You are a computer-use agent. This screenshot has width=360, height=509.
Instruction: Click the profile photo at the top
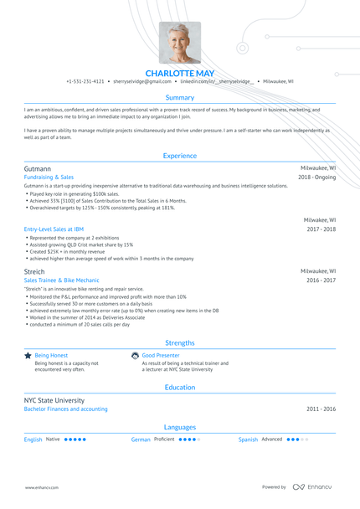tap(180, 43)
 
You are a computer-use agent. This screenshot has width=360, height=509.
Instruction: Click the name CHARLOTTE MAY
tap(180, 72)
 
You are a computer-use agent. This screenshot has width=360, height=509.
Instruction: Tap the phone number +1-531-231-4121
tap(85, 82)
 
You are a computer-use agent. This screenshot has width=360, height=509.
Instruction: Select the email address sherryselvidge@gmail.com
tap(142, 82)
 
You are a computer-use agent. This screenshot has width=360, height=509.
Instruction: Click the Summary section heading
tap(180, 97)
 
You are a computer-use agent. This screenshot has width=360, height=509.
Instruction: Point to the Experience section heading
tap(180, 156)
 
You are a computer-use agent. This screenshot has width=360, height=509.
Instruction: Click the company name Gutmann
tap(38, 168)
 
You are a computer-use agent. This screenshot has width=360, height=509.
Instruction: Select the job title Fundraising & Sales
tap(49, 177)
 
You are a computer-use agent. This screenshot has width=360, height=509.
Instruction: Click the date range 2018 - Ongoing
tap(316, 177)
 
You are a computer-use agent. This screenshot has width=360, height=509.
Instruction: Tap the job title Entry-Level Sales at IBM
tap(54, 229)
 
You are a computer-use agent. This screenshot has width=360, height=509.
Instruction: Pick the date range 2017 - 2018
tap(321, 229)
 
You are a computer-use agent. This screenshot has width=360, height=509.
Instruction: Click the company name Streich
tap(35, 271)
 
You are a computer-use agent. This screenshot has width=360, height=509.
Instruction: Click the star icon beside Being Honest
tap(28, 355)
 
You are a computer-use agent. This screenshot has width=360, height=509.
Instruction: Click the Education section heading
tap(180, 388)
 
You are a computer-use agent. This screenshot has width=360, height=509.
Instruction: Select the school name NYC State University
tap(54, 400)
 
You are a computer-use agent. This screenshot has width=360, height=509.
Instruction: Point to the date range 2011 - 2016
tap(321, 409)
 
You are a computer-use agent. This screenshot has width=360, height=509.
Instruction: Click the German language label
tap(141, 439)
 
